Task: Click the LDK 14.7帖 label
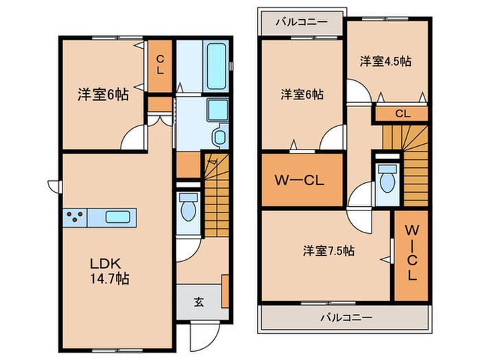(x=109, y=271)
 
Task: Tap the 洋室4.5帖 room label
(x=385, y=62)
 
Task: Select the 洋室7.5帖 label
(x=328, y=251)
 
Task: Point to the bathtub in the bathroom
(x=216, y=66)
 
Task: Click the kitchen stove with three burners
(x=75, y=217)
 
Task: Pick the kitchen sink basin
(x=118, y=217)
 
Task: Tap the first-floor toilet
(x=189, y=207)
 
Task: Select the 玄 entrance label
(x=199, y=302)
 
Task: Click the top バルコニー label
(x=302, y=22)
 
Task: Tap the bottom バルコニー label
(x=346, y=317)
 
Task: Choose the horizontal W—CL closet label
(x=299, y=180)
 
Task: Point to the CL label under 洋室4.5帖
(x=403, y=114)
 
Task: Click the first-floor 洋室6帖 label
(x=103, y=95)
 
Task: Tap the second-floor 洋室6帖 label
(x=302, y=95)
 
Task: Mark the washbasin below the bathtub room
(x=220, y=137)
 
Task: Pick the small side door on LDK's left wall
(x=55, y=187)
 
